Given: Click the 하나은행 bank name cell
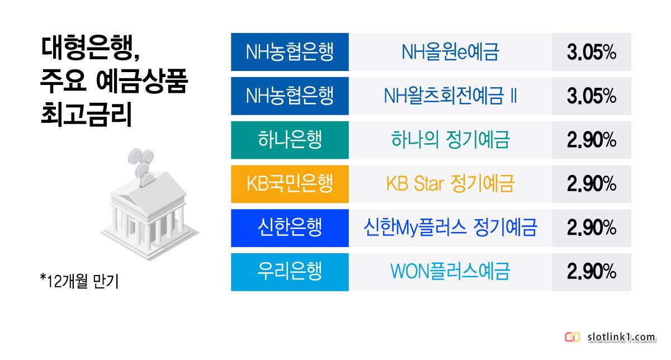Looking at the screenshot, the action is (290, 140).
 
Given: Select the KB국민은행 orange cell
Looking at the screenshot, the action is (290, 184).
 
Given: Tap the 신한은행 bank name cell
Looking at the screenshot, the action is (290, 228).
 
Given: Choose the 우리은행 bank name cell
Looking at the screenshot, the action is (290, 272).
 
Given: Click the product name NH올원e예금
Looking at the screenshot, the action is (450, 52).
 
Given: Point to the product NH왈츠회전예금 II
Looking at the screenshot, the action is (450, 96).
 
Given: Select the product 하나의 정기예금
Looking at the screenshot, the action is (450, 140).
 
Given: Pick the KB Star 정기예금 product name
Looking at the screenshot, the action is (450, 183).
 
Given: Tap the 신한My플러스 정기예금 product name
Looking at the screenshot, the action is (450, 228).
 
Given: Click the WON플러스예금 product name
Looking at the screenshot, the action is (450, 272).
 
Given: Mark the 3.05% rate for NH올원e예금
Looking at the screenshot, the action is (592, 52).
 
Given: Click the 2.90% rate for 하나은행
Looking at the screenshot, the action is (592, 140).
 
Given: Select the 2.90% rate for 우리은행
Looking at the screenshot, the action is (592, 272).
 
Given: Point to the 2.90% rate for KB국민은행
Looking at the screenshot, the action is (592, 184).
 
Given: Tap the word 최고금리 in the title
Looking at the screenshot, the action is (86, 115).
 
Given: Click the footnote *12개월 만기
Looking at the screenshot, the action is (79, 281).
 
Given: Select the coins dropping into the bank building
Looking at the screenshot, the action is (141, 167).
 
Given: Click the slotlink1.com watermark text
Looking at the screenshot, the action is (621, 337).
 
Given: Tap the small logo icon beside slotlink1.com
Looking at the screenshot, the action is (572, 337).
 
